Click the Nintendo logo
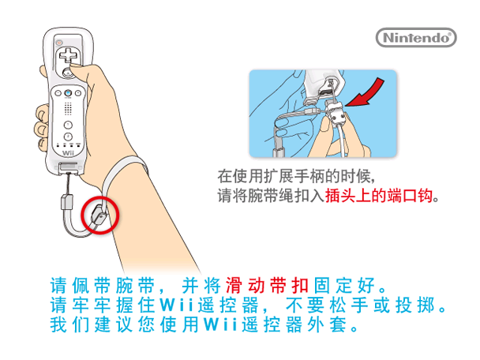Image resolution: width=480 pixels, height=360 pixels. pyautogui.click(x=415, y=36)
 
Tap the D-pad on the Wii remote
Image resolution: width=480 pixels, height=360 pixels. pyautogui.click(x=69, y=56)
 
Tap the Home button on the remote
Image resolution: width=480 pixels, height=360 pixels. pyautogui.click(x=69, y=109)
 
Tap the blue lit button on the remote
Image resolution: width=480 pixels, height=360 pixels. pyautogui.click(x=69, y=93)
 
